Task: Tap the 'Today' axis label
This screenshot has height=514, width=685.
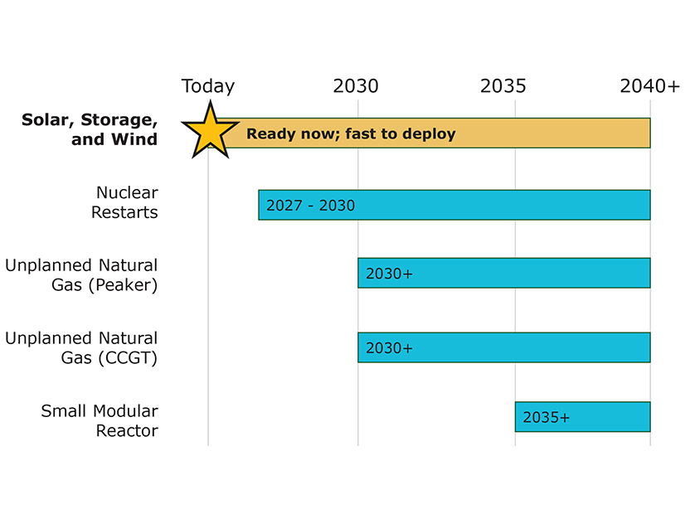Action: [x=208, y=86]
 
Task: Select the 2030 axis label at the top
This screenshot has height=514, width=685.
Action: [x=356, y=86]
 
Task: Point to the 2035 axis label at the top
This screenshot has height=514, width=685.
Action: [x=503, y=86]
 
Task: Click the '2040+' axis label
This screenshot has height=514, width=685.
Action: [x=650, y=86]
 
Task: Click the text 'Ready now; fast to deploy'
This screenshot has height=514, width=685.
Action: [x=351, y=133]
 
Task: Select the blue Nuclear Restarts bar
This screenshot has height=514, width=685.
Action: [x=498, y=205]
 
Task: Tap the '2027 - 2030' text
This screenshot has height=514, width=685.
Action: [x=310, y=206]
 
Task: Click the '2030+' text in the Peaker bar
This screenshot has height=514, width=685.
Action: [x=389, y=274]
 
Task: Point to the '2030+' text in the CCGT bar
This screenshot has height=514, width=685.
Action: [x=389, y=348]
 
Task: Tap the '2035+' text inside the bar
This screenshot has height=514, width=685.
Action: [x=547, y=417]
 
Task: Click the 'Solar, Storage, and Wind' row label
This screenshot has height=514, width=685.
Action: [x=90, y=129]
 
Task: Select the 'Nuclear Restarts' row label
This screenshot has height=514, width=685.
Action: [x=125, y=202]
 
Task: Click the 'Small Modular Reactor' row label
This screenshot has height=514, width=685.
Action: [x=100, y=420]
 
